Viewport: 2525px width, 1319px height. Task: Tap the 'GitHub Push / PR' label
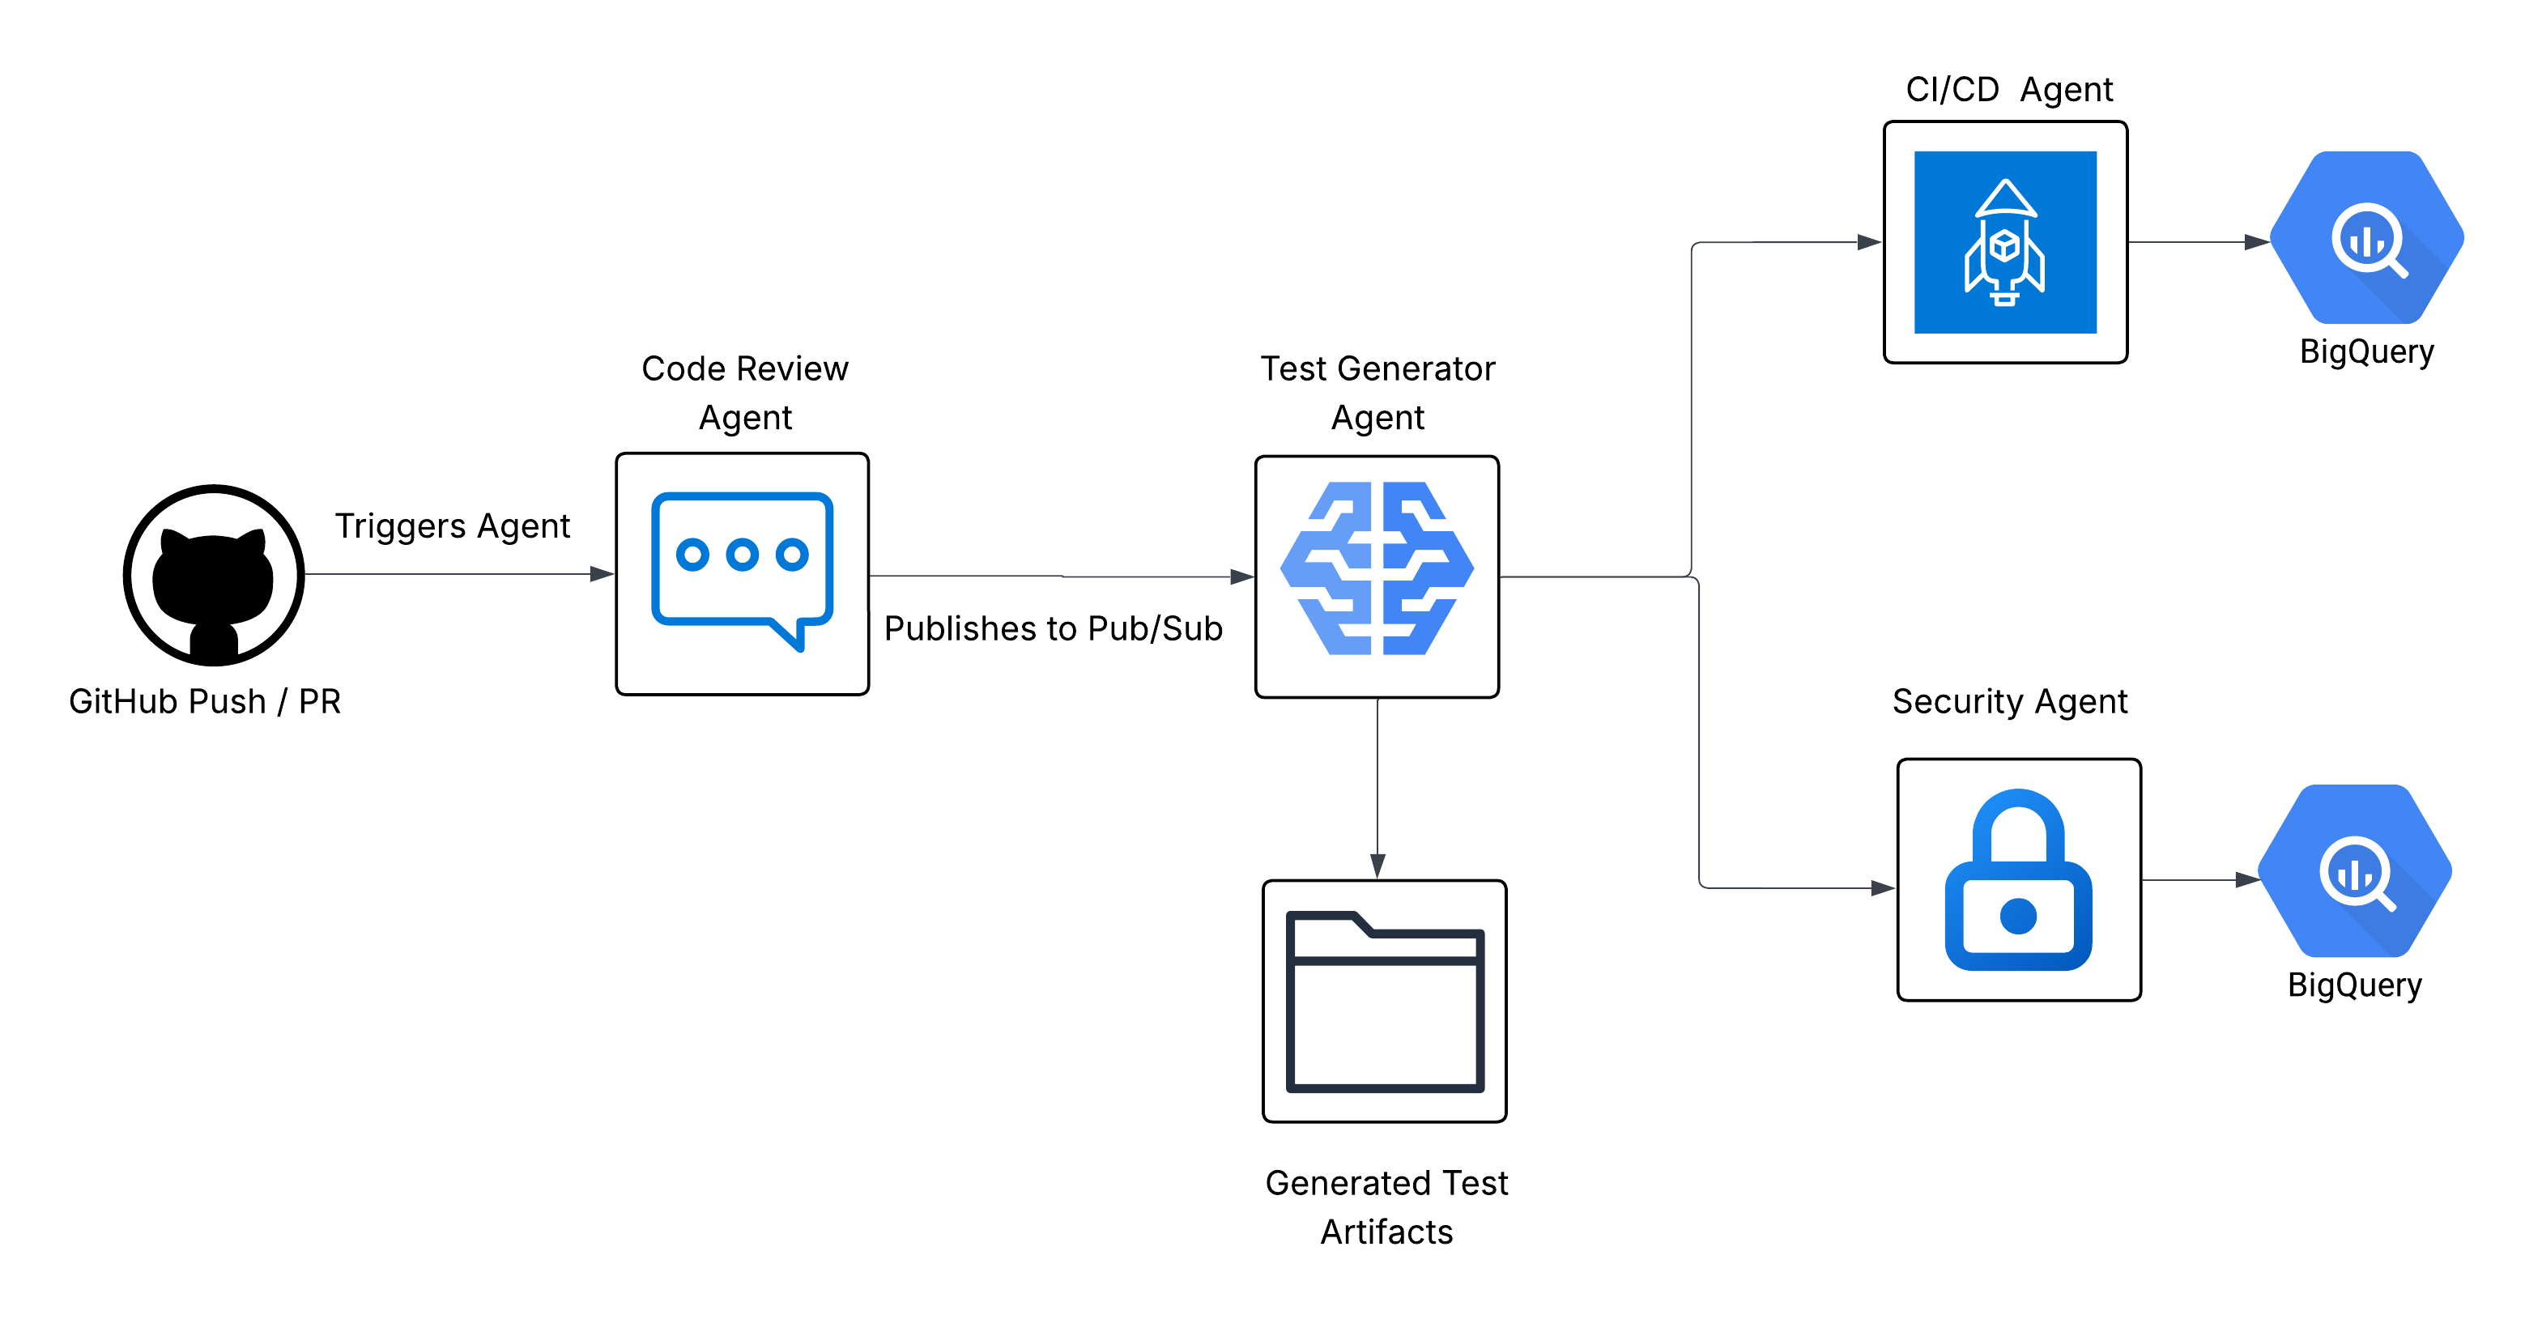(205, 702)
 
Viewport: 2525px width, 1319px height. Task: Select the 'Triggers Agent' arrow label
(452, 526)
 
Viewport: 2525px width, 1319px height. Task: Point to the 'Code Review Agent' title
(745, 393)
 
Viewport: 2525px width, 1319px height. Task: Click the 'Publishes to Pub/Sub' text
(1053, 628)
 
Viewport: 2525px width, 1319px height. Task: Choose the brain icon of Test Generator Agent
(1377, 568)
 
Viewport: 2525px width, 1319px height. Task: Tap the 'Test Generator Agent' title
(1377, 393)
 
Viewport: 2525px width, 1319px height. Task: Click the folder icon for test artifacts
(1384, 1001)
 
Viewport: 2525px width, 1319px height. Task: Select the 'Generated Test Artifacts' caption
(1386, 1206)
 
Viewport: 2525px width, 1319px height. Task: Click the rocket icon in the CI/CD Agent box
(2004, 242)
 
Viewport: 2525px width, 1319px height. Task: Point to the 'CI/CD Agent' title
(2008, 89)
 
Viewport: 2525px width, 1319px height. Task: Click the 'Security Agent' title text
(2009, 702)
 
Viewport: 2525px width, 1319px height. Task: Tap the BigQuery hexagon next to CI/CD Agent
(2366, 238)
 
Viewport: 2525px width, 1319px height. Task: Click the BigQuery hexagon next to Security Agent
(2354, 871)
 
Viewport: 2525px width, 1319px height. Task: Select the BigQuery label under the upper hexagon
(2366, 351)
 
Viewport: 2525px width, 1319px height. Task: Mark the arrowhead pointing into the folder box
(1377, 866)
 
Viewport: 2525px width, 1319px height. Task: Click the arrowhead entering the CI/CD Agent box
(1868, 242)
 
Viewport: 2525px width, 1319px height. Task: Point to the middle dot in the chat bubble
(742, 555)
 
